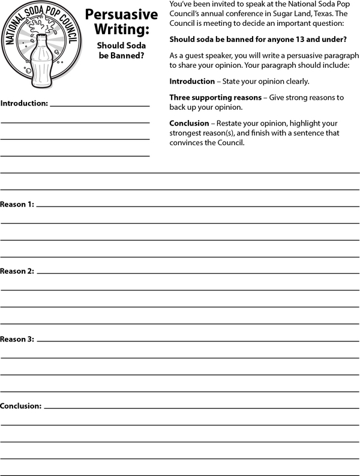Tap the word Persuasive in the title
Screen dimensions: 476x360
(121, 15)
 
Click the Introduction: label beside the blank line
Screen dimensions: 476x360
(24, 103)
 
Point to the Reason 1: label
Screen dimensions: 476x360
(17, 205)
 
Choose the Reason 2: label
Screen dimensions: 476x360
(17, 271)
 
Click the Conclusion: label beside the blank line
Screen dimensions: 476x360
(21, 406)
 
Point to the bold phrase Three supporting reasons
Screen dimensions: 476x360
(215, 97)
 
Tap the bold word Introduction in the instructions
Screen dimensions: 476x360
(192, 81)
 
